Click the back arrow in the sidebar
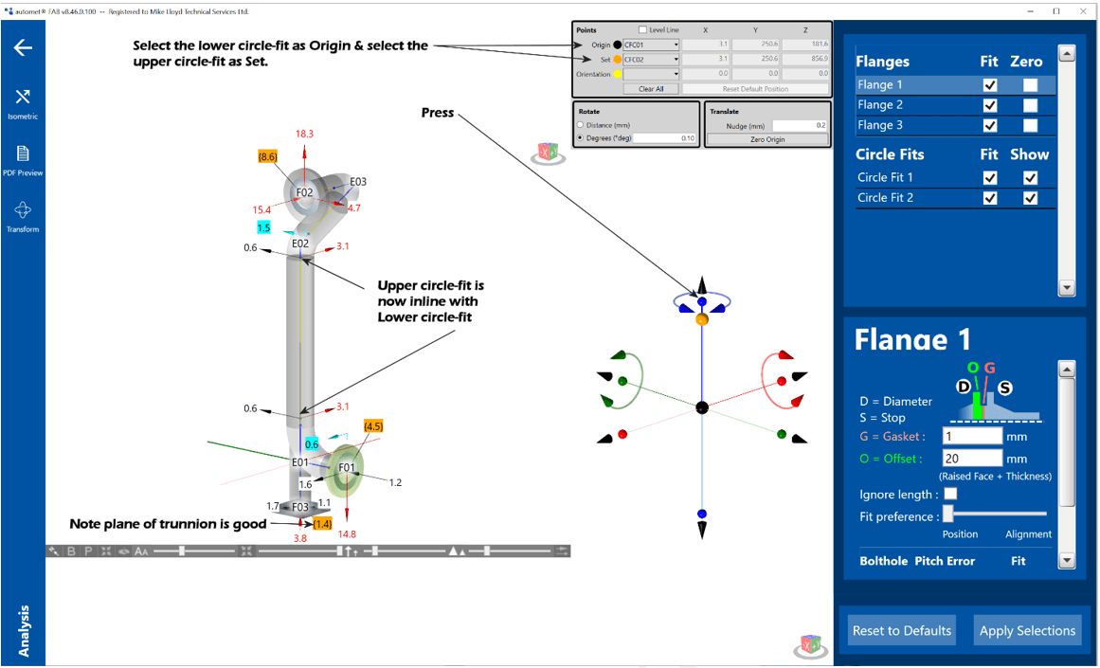[x=23, y=47]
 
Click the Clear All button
[x=651, y=89]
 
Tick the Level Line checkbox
[x=643, y=30]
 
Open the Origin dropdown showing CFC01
[x=650, y=45]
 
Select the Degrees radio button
[x=581, y=138]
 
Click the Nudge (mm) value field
[x=799, y=125]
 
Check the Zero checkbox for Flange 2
[x=1030, y=105]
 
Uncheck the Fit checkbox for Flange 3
[x=990, y=126]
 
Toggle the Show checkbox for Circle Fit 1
[x=1030, y=177]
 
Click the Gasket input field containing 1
[x=972, y=436]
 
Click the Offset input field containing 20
[x=972, y=459]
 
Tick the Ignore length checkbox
[x=950, y=494]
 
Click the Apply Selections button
[x=1027, y=631]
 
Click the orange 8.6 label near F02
[x=267, y=155]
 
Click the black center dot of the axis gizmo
[x=702, y=407]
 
